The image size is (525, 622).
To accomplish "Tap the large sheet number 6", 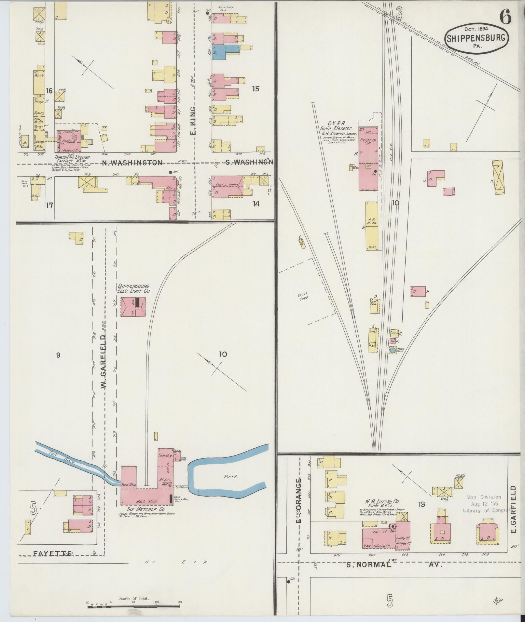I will pos(505,17).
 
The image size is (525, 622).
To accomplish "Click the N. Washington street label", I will pos(131,163).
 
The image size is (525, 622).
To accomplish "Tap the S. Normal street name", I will pos(368,565).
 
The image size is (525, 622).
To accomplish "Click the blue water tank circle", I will pos(393,351).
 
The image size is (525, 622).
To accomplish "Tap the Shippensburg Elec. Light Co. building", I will pos(133,307).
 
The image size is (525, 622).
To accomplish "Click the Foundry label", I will pos(165,456).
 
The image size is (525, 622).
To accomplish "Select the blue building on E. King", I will pos(225,52).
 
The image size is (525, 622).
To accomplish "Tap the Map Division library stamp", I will pos(485,504).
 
